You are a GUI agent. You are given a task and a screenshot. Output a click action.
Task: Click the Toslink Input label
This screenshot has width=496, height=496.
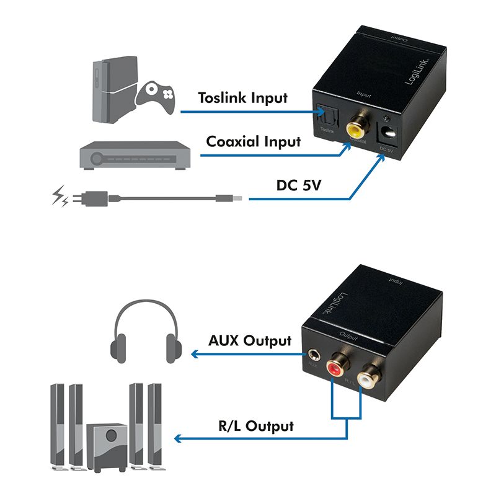242,98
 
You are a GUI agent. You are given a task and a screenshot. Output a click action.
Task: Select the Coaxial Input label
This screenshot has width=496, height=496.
253,141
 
